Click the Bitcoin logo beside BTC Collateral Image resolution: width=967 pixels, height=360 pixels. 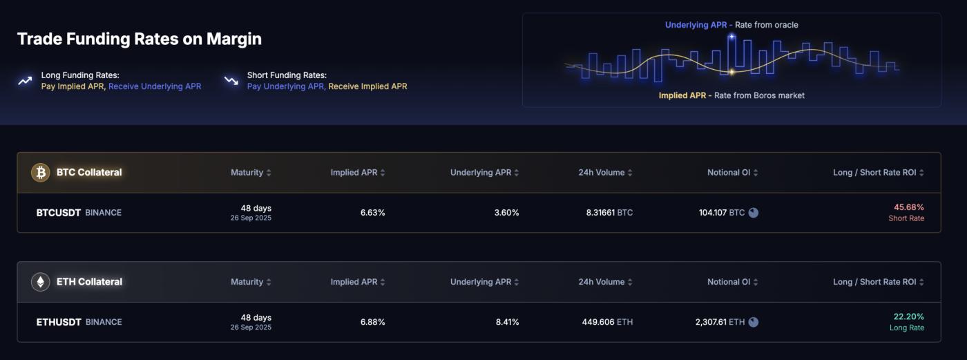[x=41, y=172]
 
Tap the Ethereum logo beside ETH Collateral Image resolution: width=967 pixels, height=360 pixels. [x=41, y=282]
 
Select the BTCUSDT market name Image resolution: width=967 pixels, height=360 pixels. [x=59, y=213]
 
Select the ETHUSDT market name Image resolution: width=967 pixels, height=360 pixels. [x=59, y=322]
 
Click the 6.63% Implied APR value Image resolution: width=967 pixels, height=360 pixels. [x=372, y=213]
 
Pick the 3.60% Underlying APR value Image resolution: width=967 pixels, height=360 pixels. [x=506, y=213]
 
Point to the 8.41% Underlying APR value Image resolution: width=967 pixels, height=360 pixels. [x=507, y=322]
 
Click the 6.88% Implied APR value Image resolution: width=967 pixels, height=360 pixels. [x=372, y=322]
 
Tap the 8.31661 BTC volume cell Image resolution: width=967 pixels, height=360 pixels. [x=609, y=213]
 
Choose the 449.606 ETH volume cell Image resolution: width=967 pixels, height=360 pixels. [x=608, y=322]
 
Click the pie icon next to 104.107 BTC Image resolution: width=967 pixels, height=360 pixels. [x=754, y=213]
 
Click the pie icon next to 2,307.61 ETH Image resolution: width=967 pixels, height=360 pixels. [x=754, y=322]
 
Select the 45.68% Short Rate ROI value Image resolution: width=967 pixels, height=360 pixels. [x=908, y=207]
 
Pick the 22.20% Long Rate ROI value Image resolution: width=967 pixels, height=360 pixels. [x=908, y=316]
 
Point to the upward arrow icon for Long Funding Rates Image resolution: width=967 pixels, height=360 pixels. [x=25, y=81]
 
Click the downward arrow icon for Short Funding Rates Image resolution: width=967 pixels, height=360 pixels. [x=231, y=81]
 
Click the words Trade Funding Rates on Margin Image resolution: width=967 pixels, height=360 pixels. [x=139, y=39]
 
